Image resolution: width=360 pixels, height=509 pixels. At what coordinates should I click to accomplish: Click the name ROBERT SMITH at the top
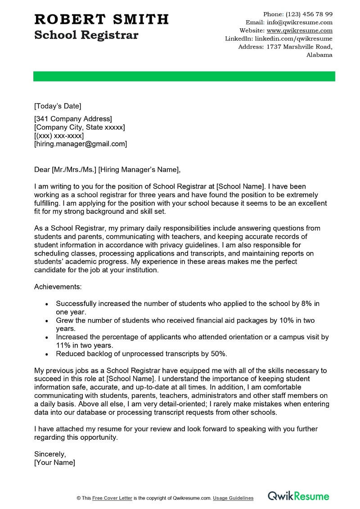click(x=101, y=19)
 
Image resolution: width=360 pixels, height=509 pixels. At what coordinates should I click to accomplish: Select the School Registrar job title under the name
click(x=86, y=35)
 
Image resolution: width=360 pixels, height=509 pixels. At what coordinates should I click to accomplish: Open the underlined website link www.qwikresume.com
click(x=299, y=31)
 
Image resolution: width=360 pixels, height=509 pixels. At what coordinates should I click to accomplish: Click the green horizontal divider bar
click(x=184, y=77)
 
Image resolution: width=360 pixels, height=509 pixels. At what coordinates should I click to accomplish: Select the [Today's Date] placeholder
click(x=58, y=106)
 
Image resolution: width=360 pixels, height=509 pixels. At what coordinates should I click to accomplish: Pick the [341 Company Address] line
click(x=73, y=119)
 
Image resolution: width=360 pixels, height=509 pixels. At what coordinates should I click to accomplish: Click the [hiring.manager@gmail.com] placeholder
click(x=81, y=144)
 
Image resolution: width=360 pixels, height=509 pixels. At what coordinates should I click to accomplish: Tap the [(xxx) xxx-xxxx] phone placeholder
click(x=59, y=135)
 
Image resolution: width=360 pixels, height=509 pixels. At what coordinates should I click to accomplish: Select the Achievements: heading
click(x=58, y=286)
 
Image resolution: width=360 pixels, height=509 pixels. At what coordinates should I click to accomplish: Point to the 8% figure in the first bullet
click(x=306, y=304)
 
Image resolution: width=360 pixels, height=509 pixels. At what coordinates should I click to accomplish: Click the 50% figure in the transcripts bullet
click(x=218, y=354)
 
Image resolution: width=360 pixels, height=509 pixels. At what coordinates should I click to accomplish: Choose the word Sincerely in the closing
click(x=50, y=454)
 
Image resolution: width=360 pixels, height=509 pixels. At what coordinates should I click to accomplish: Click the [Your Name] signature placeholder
click(x=54, y=462)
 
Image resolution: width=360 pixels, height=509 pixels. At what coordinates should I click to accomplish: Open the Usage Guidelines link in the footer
click(x=233, y=498)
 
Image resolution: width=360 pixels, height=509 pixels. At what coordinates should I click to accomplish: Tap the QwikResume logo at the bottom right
click(x=298, y=496)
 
